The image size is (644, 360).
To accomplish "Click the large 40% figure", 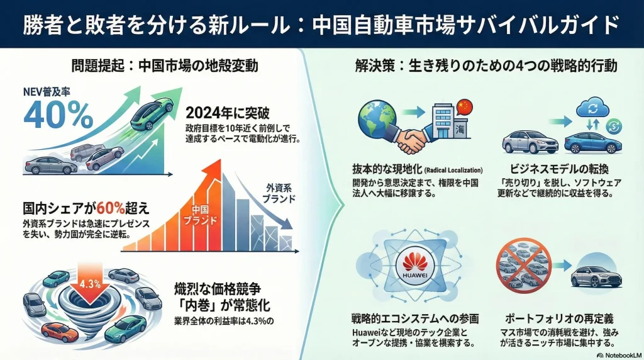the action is (x=58, y=115).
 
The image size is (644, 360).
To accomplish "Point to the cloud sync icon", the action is (x=592, y=108).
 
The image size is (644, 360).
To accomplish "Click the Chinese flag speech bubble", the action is (x=464, y=107).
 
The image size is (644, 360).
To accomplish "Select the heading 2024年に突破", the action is (x=228, y=113).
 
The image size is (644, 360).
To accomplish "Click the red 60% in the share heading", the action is (x=111, y=209).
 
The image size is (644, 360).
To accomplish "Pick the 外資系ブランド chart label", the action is (x=279, y=194).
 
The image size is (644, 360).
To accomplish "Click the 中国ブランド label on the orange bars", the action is (x=200, y=215).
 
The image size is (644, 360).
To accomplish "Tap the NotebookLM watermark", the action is (x=619, y=355).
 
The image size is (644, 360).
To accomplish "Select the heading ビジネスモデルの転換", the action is (x=559, y=169).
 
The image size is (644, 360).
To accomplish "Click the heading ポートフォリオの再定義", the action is (x=559, y=318).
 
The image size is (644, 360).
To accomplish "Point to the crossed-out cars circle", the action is (x=523, y=266).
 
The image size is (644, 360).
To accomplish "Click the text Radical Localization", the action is (x=453, y=170).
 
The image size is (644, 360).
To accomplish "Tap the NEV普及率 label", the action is (x=47, y=92).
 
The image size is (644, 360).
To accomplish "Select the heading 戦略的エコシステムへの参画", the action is (x=415, y=318).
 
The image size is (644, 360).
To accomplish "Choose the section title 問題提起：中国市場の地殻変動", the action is (x=165, y=65).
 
